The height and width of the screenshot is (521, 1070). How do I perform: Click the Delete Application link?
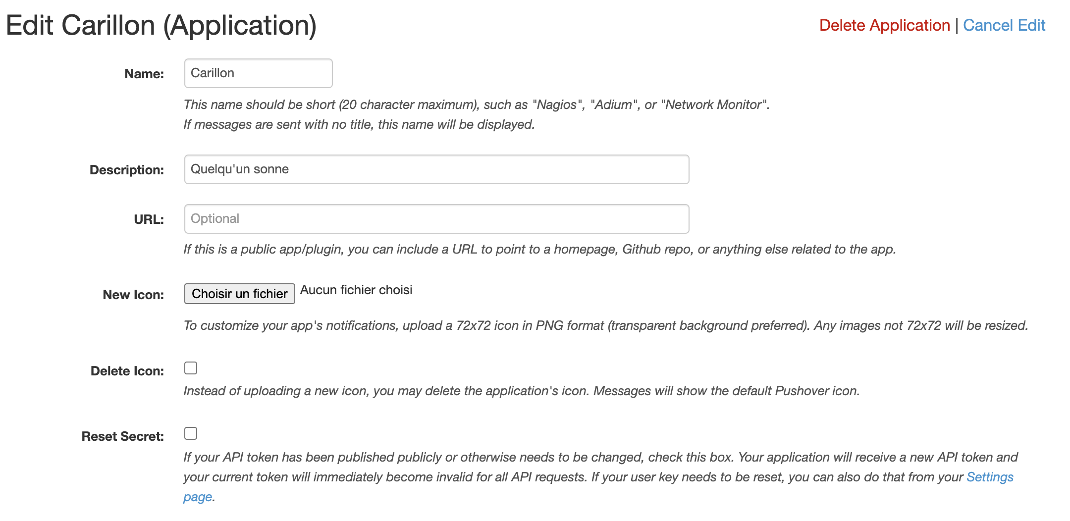(x=884, y=25)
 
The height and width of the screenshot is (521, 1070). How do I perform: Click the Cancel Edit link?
(x=1004, y=25)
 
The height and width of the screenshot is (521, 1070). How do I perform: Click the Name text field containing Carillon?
(x=258, y=73)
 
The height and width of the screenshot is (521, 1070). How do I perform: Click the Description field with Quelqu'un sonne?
(x=436, y=169)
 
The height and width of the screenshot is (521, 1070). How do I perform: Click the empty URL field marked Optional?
(x=436, y=219)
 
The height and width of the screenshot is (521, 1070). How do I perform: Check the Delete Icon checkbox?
(x=191, y=368)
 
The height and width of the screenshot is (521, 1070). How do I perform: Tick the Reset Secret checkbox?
(x=191, y=433)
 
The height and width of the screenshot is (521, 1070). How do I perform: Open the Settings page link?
(x=989, y=477)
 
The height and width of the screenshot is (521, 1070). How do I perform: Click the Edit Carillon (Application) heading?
(x=161, y=25)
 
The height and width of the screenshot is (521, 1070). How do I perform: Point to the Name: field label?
(x=144, y=74)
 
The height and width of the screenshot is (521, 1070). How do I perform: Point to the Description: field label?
(x=127, y=170)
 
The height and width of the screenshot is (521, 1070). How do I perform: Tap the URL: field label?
(x=149, y=219)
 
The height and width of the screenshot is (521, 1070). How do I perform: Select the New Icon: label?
(x=133, y=295)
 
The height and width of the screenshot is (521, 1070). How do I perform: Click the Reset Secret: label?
(x=122, y=436)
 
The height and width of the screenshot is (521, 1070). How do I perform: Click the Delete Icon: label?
(x=127, y=371)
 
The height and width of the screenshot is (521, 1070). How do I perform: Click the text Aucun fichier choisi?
(x=356, y=290)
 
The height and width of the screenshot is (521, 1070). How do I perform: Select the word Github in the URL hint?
(x=641, y=249)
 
